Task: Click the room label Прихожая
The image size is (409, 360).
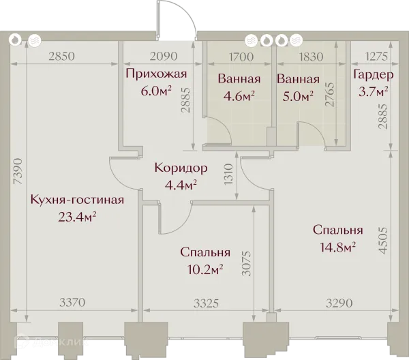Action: (156, 74)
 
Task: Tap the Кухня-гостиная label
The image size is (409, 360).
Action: (77, 200)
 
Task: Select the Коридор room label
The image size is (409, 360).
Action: (181, 168)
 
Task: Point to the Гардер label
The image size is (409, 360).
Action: (374, 74)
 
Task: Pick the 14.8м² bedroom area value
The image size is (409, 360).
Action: (338, 247)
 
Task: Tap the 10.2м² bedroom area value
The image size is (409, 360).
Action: (205, 269)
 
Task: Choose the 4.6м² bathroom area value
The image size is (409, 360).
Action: (239, 96)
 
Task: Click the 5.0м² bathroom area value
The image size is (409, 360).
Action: (298, 96)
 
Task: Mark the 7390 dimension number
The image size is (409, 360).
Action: (19, 171)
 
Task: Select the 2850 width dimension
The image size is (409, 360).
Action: (61, 57)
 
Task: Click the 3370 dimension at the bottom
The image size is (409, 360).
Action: (72, 303)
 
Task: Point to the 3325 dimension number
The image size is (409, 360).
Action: (206, 303)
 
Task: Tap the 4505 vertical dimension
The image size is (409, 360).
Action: (382, 240)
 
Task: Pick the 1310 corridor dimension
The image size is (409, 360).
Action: (228, 175)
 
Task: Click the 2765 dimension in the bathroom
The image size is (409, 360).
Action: (329, 94)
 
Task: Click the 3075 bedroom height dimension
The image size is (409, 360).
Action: (247, 263)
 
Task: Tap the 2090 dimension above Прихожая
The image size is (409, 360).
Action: (164, 56)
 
